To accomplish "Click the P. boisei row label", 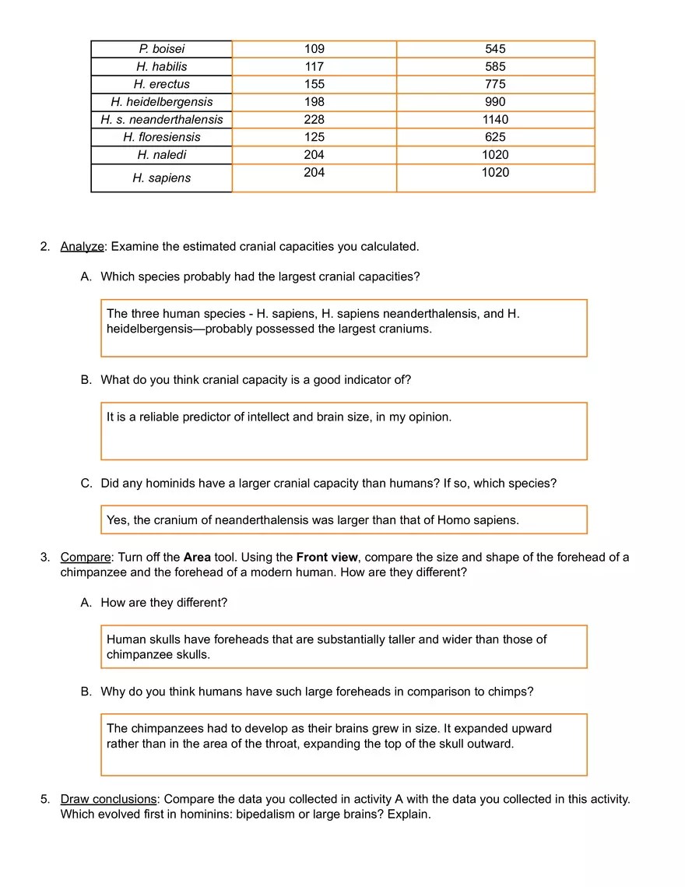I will (x=161, y=49).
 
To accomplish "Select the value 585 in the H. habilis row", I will (x=495, y=67).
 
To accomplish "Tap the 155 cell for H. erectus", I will (x=314, y=84).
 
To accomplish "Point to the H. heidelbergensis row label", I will (x=161, y=102).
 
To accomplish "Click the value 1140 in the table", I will (x=495, y=119).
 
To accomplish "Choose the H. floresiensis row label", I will (x=161, y=137).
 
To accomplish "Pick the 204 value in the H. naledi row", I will (x=314, y=154).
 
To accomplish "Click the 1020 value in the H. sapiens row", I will (x=495, y=172).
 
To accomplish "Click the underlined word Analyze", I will (x=82, y=247).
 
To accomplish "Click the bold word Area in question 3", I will (x=197, y=558).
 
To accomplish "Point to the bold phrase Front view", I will (x=327, y=558).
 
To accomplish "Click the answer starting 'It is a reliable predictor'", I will (x=279, y=417).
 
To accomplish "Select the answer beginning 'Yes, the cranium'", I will (x=312, y=519).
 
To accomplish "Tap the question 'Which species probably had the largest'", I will (x=260, y=276).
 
